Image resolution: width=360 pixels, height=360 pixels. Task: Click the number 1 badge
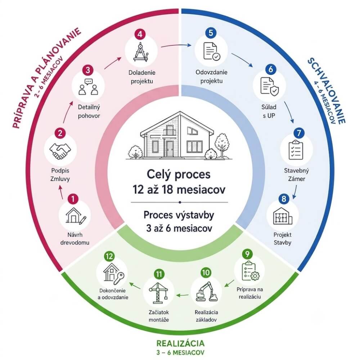coord(73,199)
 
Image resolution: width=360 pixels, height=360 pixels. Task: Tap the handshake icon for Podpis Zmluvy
coord(60,151)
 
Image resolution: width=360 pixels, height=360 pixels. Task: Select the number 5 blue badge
coord(211,33)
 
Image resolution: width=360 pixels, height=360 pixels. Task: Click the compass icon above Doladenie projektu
coord(140,52)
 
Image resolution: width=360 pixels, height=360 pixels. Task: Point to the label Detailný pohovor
coord(89,111)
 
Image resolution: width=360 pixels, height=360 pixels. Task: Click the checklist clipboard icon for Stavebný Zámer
coord(296,150)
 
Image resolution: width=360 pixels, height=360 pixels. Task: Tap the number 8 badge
coord(284,199)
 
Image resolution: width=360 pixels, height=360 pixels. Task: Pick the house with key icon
coord(113,273)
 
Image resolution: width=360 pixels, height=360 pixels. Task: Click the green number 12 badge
coord(109,256)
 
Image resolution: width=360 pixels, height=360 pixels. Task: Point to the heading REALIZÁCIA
coord(180,343)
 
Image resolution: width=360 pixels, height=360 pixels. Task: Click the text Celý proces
coord(179,174)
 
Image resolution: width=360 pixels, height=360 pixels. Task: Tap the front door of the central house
coord(170,149)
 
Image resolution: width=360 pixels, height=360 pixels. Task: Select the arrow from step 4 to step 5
coord(176,45)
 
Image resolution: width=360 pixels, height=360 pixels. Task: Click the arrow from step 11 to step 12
coord(135,285)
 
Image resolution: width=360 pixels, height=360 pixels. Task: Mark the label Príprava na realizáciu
coord(249,293)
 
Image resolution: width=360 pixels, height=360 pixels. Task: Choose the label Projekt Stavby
coord(282,239)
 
